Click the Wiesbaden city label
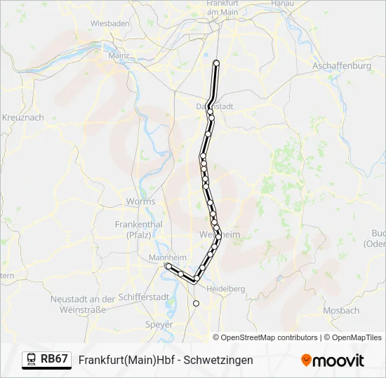[x=109, y=23]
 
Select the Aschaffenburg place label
[x=342, y=66]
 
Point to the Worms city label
[x=140, y=202]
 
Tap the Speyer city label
[x=153, y=324]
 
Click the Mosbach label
[x=342, y=310]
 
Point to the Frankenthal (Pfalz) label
[x=138, y=229]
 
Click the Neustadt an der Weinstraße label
[x=83, y=304]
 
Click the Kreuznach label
[x=23, y=117]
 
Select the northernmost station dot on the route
[x=216, y=64]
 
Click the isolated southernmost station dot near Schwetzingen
[x=196, y=303]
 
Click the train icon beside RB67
[x=32, y=359]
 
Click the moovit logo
[x=333, y=360]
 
